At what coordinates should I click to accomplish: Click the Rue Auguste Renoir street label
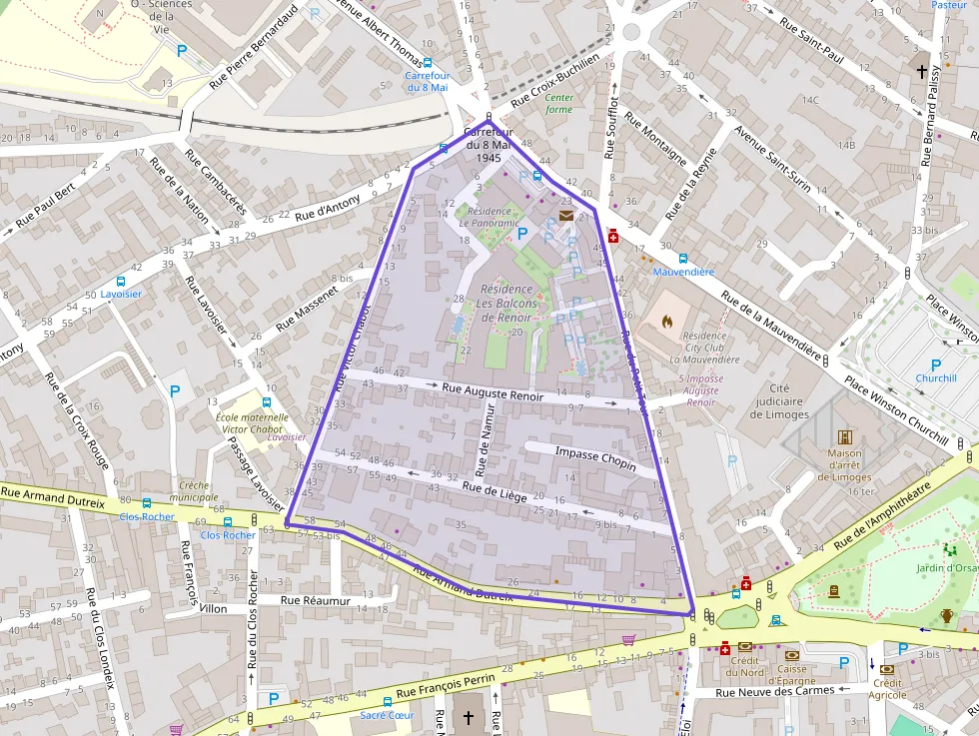(x=492, y=390)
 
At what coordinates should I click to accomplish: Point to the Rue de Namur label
(x=486, y=438)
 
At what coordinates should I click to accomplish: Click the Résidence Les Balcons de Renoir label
(x=506, y=304)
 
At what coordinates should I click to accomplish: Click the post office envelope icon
(x=566, y=215)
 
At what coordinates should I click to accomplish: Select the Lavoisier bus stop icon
(x=121, y=282)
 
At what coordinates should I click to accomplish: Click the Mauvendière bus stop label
(x=683, y=272)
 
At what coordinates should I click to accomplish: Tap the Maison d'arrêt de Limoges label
(x=844, y=464)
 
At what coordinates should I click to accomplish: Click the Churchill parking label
(x=936, y=378)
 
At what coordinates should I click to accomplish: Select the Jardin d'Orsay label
(x=947, y=568)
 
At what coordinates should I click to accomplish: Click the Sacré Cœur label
(x=387, y=715)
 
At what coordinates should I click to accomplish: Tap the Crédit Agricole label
(x=886, y=689)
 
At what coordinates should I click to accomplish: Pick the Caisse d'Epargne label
(x=792, y=675)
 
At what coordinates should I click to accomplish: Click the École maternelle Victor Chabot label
(x=250, y=423)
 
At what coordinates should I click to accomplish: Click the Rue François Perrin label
(x=447, y=684)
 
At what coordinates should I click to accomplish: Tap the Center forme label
(x=558, y=103)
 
